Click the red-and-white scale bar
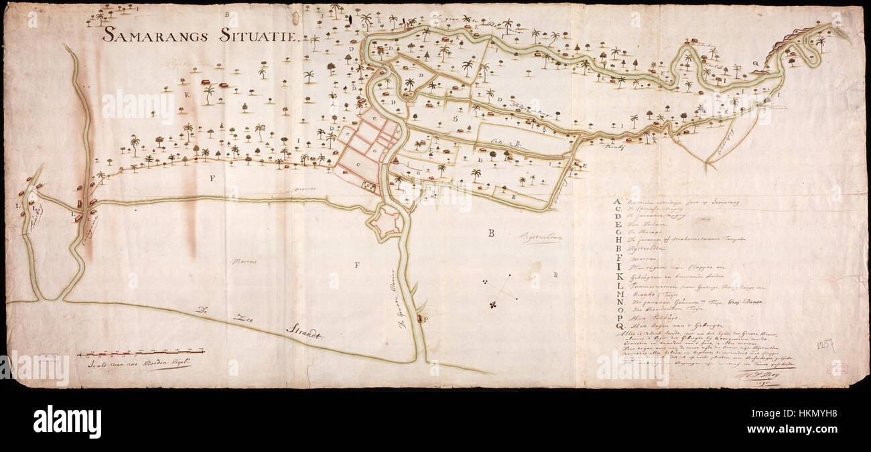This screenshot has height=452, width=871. pos(141,352)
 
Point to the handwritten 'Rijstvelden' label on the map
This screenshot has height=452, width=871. pos(540,237)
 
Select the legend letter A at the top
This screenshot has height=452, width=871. pos(616,201)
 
